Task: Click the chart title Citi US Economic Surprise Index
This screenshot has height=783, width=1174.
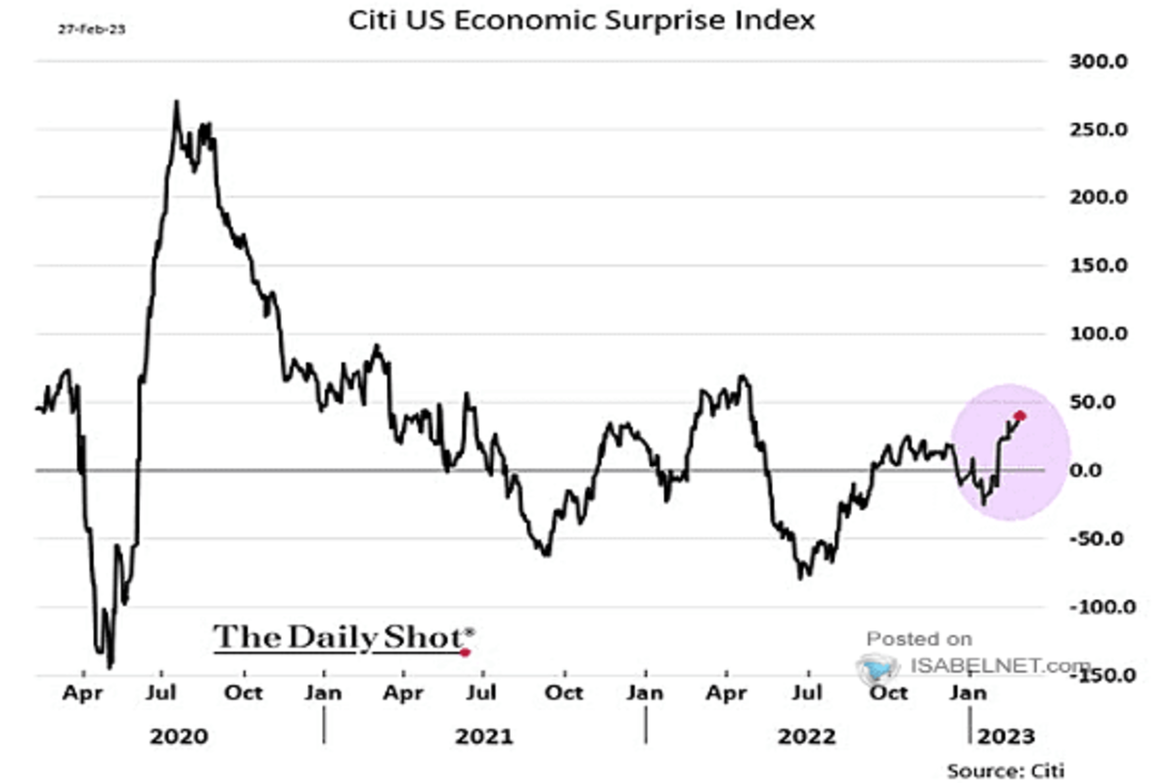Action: click(582, 21)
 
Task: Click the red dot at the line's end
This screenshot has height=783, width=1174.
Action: click(1020, 416)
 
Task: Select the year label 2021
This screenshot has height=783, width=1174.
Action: click(483, 735)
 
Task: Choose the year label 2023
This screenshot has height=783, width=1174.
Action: click(999, 735)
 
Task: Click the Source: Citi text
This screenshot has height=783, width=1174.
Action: click(1005, 770)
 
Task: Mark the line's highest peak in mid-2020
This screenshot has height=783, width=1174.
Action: click(176, 101)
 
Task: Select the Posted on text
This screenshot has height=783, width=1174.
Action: click(919, 639)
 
